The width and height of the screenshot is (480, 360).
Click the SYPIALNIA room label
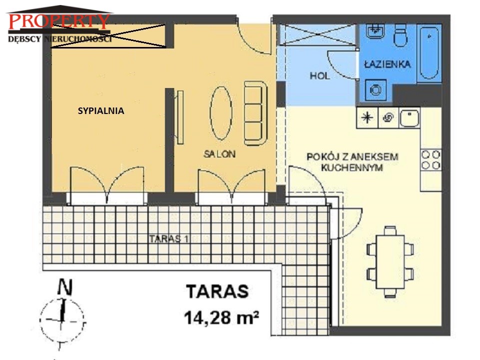coord(101,110)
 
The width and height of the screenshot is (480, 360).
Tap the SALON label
coord(219,154)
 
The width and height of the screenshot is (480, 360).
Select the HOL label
coord(320,75)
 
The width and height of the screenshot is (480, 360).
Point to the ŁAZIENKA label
coord(387,64)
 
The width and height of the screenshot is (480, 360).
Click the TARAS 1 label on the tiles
coord(169,238)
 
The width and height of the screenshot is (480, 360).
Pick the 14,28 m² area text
coord(221,317)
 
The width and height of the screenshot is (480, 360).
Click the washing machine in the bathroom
coord(376,90)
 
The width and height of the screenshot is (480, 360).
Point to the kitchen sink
coord(409,118)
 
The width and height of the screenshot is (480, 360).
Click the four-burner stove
coord(431,159)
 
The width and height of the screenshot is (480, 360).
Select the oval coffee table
coord(221,113)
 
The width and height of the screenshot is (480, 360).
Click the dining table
coord(390,261)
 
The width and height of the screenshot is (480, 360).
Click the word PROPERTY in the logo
coord(59,21)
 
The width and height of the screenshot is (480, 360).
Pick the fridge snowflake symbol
coord(367,117)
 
